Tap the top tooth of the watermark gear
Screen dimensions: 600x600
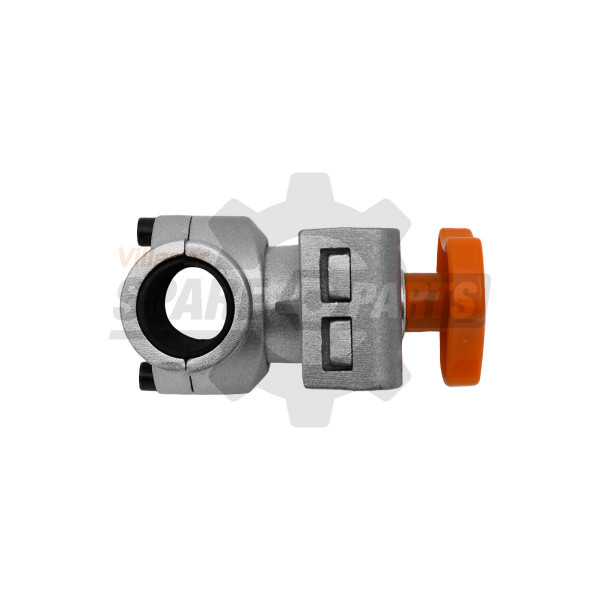pyautogui.click(x=300, y=188)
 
